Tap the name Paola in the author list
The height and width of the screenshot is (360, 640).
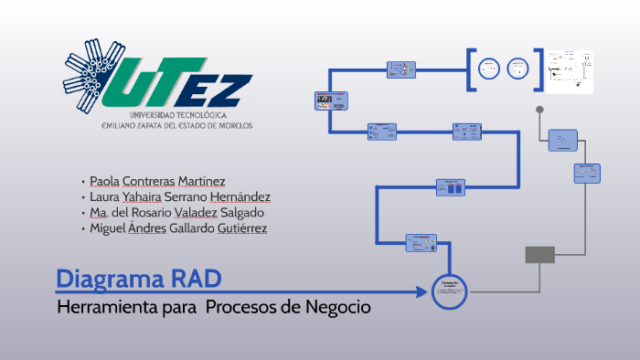pyautogui.click(x=106, y=181)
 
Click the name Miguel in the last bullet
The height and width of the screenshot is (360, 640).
pyautogui.click(x=108, y=228)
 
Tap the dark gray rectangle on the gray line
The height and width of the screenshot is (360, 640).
pyautogui.click(x=539, y=255)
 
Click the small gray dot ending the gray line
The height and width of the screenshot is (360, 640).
pyautogui.click(x=539, y=110)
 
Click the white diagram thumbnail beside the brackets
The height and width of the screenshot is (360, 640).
pyautogui.click(x=571, y=71)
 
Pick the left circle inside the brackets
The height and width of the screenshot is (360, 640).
pyautogui.click(x=490, y=69)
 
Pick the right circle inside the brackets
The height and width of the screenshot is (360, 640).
pyautogui.click(x=517, y=69)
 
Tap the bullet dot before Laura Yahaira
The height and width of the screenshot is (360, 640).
pyautogui.click(x=83, y=197)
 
